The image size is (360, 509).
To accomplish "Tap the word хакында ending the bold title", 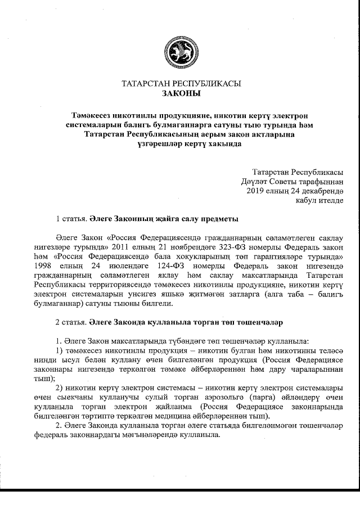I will coord(223,143).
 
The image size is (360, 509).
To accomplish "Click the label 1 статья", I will coord(71,218).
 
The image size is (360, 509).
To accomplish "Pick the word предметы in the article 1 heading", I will coord(221,218).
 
